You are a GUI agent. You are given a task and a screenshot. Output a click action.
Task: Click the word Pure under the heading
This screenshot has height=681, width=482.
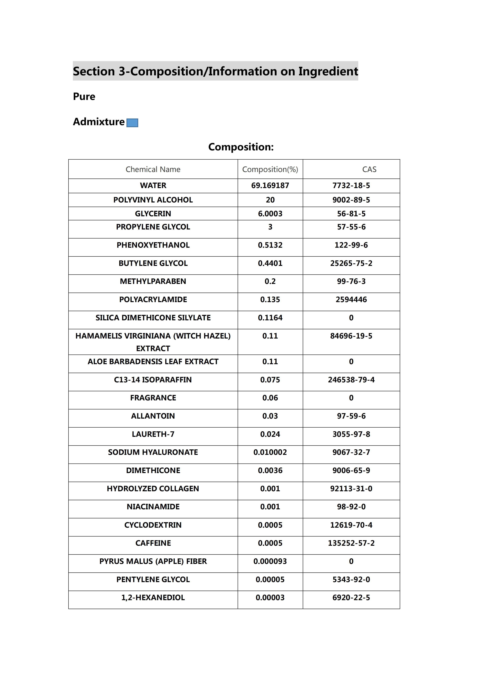pyautogui.click(x=84, y=97)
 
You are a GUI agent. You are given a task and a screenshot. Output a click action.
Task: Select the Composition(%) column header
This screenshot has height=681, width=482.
pyautogui.click(x=270, y=169)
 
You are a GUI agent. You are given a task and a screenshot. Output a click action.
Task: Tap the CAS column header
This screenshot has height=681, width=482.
pyautogui.click(x=369, y=169)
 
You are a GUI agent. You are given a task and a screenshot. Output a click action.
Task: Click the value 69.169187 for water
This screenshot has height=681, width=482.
pyautogui.click(x=270, y=186)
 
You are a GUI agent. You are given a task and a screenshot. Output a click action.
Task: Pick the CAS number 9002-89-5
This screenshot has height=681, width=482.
pyautogui.click(x=351, y=200)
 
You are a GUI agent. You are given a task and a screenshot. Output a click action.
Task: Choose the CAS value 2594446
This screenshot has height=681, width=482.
pyautogui.click(x=351, y=300)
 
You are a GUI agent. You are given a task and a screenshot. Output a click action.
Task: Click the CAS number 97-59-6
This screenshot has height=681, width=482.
pyautogui.click(x=351, y=416)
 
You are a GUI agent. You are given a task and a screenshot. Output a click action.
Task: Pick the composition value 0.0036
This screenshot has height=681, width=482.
pyautogui.click(x=270, y=471)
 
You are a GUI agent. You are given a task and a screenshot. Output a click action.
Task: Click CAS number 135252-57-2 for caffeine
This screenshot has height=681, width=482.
pyautogui.click(x=351, y=543)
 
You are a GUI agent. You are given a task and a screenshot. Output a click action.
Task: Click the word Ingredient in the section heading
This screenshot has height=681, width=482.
pyautogui.click(x=328, y=71)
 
